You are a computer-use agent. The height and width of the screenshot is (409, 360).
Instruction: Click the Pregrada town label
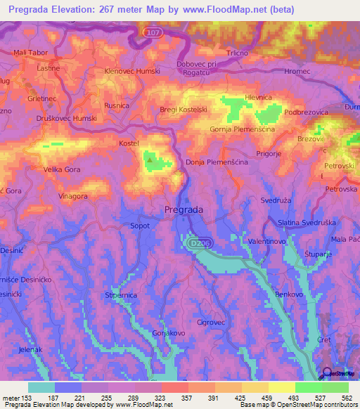[x=184, y=209]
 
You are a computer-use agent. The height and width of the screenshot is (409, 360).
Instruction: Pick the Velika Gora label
[x=43, y=169]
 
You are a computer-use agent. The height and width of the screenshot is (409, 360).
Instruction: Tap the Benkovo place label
[x=289, y=294]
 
